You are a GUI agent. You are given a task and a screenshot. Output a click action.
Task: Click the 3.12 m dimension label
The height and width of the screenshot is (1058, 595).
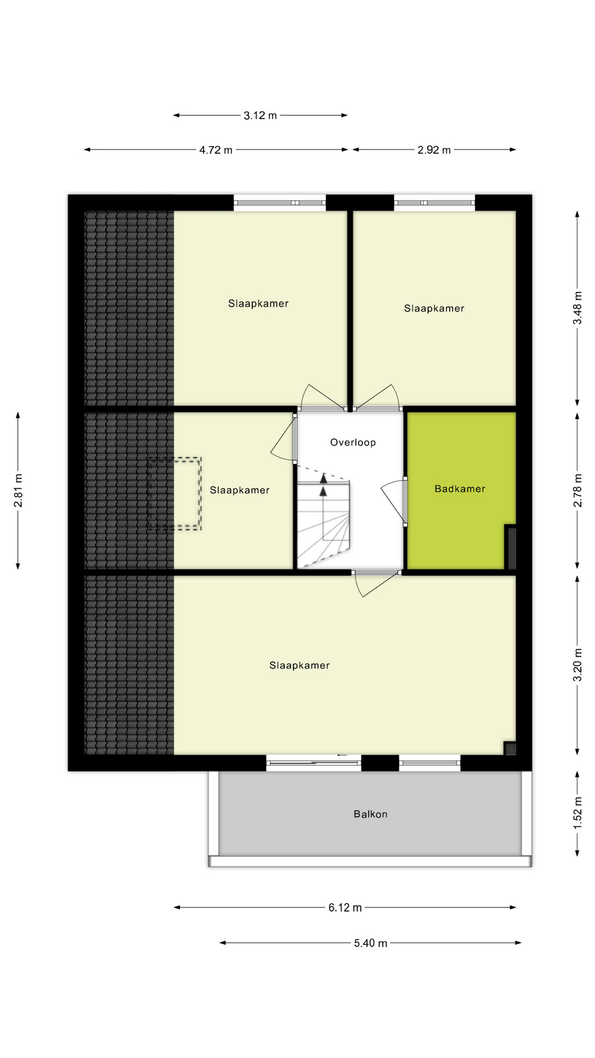(260, 116)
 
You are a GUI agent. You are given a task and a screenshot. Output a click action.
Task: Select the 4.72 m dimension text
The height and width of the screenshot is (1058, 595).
(215, 150)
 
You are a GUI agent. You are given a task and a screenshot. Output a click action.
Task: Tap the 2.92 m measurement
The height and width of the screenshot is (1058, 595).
(434, 150)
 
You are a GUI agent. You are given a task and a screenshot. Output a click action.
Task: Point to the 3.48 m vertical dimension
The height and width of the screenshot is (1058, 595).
(577, 307)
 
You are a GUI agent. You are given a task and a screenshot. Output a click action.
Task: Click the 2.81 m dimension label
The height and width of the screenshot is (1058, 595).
(18, 490)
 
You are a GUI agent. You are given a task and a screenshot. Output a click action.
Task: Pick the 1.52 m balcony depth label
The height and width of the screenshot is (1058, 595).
(577, 813)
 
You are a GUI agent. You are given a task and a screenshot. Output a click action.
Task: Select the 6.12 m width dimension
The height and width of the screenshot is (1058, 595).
(345, 908)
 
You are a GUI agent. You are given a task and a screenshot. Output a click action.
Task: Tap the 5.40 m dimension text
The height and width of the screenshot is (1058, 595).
(370, 943)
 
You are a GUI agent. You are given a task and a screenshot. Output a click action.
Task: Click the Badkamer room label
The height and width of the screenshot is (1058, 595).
(459, 489)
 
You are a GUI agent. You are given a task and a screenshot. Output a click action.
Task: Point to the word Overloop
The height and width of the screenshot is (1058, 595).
(353, 442)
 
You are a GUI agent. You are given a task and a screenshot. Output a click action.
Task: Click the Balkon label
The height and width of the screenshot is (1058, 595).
(370, 814)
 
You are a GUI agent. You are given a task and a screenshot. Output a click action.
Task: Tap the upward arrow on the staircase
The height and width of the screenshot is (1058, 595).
(323, 478)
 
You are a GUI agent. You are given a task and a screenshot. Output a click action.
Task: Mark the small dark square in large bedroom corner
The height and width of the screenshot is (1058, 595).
(510, 748)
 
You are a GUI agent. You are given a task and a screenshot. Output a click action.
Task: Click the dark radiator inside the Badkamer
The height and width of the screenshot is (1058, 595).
(511, 548)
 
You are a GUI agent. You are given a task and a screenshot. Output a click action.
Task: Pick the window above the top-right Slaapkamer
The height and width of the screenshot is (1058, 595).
(434, 203)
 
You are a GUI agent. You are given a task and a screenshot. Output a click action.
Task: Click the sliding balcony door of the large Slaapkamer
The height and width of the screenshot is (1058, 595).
(313, 763)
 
